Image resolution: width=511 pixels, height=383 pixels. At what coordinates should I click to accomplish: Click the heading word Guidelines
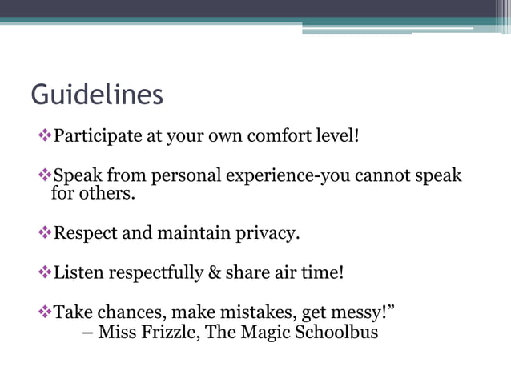[97, 95]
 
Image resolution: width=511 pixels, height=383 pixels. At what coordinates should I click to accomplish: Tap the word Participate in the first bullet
[96, 135]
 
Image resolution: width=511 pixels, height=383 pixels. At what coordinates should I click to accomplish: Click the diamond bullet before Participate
[45, 135]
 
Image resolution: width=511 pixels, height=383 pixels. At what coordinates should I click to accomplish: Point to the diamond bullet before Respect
[45, 233]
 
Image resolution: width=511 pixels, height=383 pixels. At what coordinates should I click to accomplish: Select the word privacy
[263, 234]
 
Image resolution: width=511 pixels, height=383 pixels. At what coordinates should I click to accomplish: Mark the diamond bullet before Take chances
[45, 311]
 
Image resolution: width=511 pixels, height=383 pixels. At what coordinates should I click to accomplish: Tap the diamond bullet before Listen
[45, 272]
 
